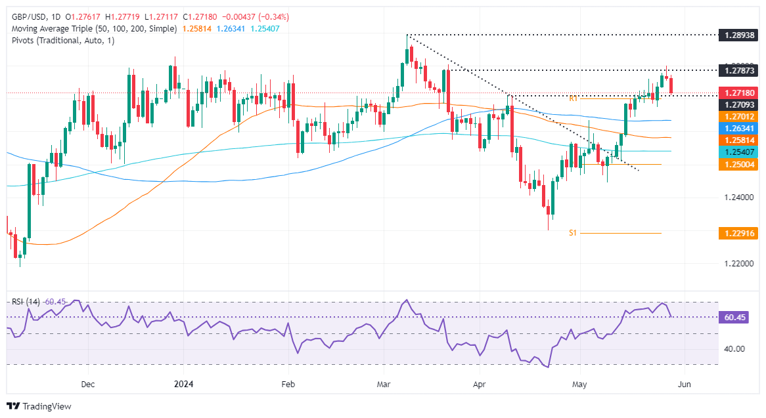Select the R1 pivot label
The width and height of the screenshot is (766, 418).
click(x=574, y=98)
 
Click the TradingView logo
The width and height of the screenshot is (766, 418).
click(x=39, y=406)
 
